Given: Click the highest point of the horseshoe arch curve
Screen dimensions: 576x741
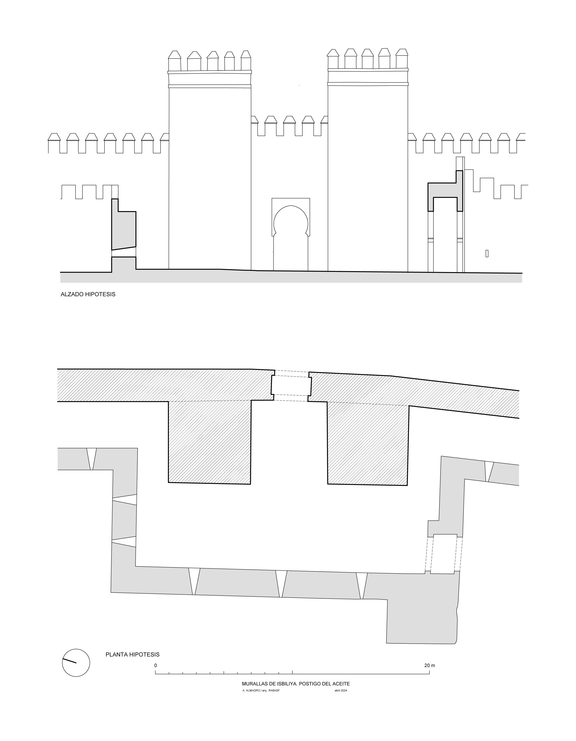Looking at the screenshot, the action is (291, 206).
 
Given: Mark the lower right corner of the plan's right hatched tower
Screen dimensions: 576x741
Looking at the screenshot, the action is (407, 485).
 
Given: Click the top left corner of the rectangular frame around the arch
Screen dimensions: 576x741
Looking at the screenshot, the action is (272, 198).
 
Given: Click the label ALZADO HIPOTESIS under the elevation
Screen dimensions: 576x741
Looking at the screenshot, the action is (88, 294).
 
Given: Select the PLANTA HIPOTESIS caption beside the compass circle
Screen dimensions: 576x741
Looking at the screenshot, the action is (132, 655).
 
